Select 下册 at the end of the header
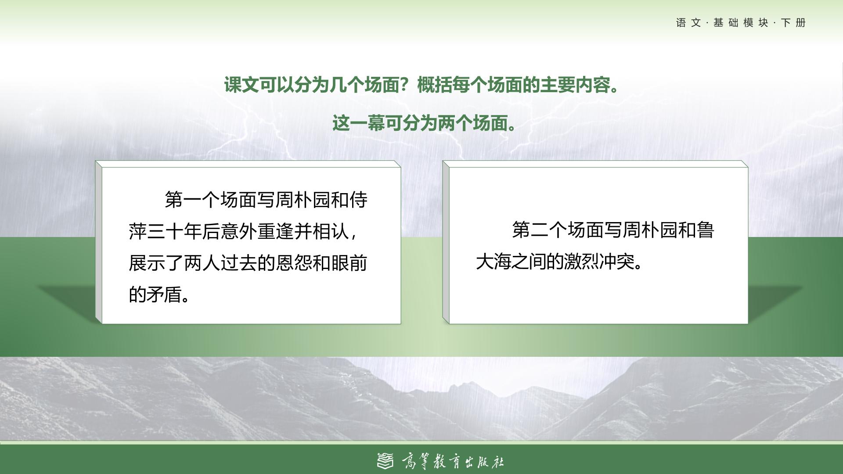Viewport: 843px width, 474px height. coord(794,23)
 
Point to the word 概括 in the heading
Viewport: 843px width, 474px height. coord(434,85)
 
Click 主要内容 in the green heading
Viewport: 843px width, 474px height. coord(575,85)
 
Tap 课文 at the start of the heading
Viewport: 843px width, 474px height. coord(241,85)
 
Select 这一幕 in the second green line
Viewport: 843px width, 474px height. coord(358,123)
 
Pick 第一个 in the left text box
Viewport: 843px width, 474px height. coord(192,200)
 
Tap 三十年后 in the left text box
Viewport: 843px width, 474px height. coord(184,231)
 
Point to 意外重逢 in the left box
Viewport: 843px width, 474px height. coord(257,231)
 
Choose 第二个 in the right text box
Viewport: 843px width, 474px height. coord(540,230)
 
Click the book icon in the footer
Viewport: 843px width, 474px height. coord(385,460)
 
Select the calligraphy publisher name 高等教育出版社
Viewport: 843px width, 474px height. coord(453,461)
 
